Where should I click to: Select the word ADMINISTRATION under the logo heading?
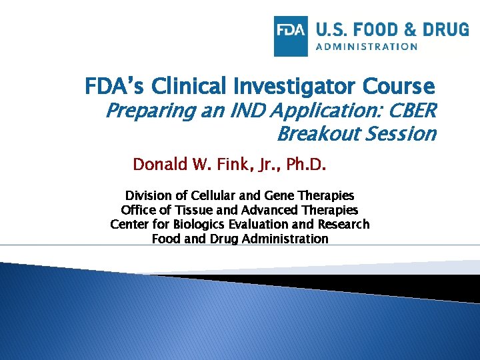(x=367, y=47)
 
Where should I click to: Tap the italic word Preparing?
(x=145, y=110)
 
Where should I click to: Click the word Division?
(x=149, y=196)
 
